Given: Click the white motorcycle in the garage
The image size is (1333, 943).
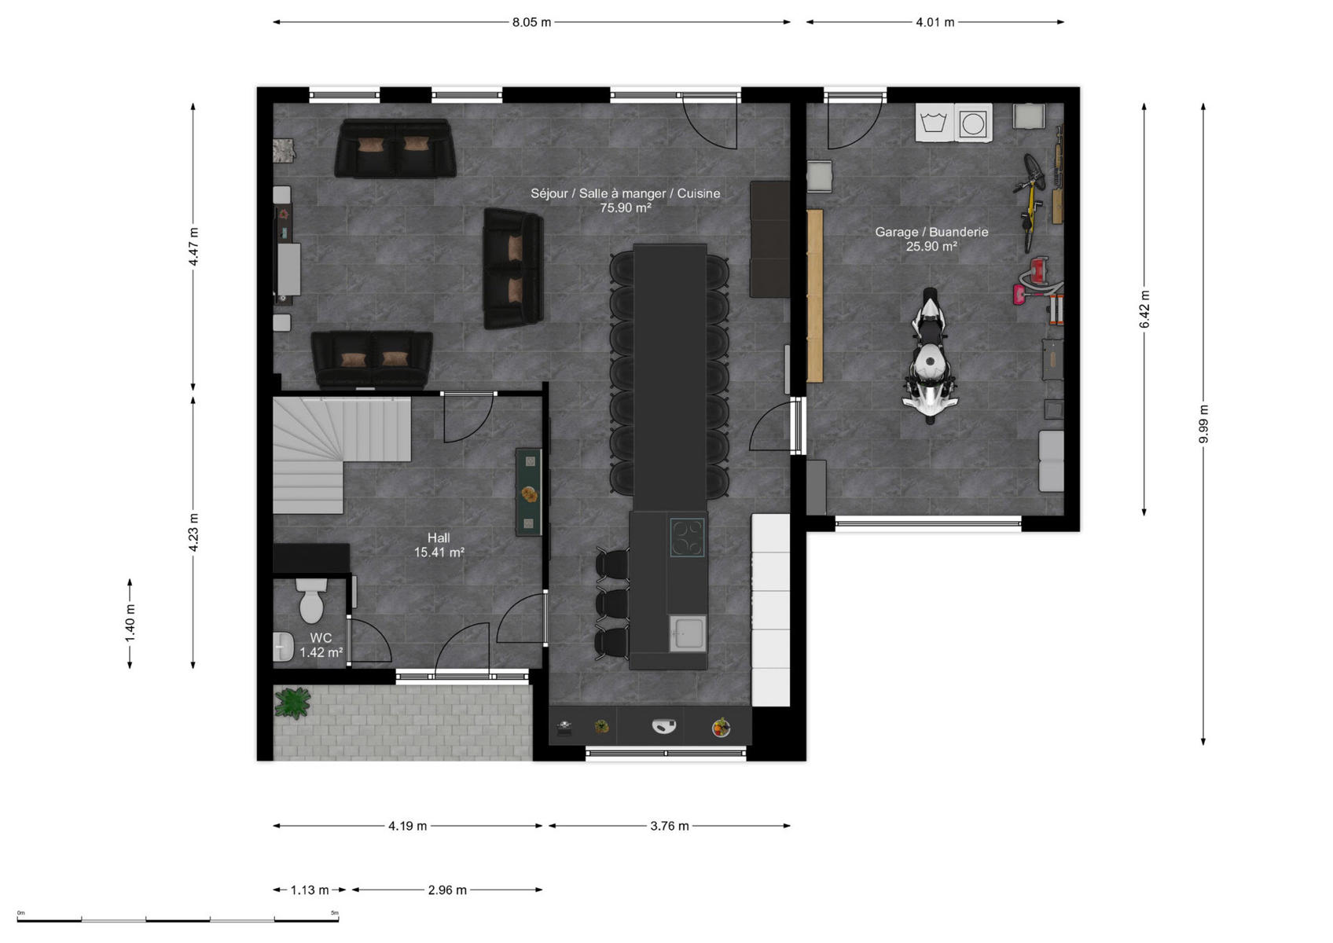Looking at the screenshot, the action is coord(930,356).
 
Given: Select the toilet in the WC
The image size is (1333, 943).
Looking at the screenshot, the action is coord(311,601).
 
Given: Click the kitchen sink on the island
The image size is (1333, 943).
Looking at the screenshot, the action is coord(687,633).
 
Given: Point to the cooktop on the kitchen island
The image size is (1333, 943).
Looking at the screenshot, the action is coord(687,538).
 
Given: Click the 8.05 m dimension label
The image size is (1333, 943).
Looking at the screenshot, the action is coord(531,23).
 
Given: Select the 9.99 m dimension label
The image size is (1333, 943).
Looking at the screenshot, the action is coord(1203,424).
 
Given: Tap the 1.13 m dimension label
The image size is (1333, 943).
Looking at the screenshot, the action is coord(310,890).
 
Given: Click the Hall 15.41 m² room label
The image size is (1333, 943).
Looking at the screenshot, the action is coord(439,545).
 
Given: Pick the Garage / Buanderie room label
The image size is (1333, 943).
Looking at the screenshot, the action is coord(931,232).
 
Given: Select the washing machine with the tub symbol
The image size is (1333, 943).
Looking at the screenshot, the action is coord(935,123).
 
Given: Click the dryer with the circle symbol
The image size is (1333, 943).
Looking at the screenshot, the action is coord(974,123).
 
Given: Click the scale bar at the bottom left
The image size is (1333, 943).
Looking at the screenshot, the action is coord(178,919).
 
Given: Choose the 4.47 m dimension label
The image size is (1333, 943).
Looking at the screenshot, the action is coord(193,246).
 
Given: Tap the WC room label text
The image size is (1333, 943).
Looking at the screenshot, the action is coord(321,638).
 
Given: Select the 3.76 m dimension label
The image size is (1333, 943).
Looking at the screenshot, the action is coord(670,826).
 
